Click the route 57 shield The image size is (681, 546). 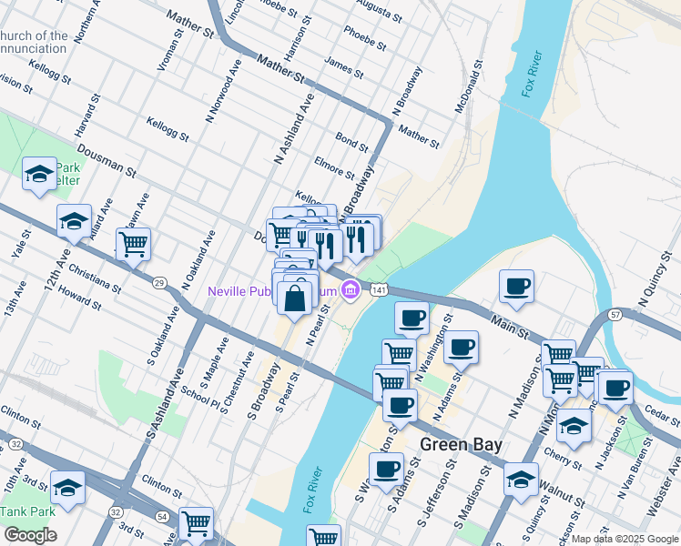615,315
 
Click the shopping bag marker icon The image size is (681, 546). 296,298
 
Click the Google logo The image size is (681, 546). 30,535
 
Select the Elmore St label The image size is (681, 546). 332,167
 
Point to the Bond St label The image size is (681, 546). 351,141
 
